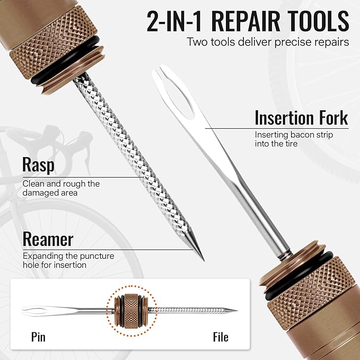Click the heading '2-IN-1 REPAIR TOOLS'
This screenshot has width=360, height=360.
(x=247, y=21)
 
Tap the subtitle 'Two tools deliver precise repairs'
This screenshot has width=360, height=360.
(x=268, y=41)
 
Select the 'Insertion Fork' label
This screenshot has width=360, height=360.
(x=301, y=118)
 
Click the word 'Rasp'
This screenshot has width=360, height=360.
(x=38, y=165)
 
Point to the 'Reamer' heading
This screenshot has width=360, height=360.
(x=48, y=239)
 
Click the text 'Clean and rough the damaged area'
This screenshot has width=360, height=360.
(x=61, y=188)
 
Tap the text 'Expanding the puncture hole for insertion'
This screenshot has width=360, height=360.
(x=68, y=260)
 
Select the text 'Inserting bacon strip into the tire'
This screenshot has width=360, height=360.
(x=294, y=139)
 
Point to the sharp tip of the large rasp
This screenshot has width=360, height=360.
(x=203, y=260)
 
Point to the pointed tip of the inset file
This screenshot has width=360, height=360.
(x=236, y=311)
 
